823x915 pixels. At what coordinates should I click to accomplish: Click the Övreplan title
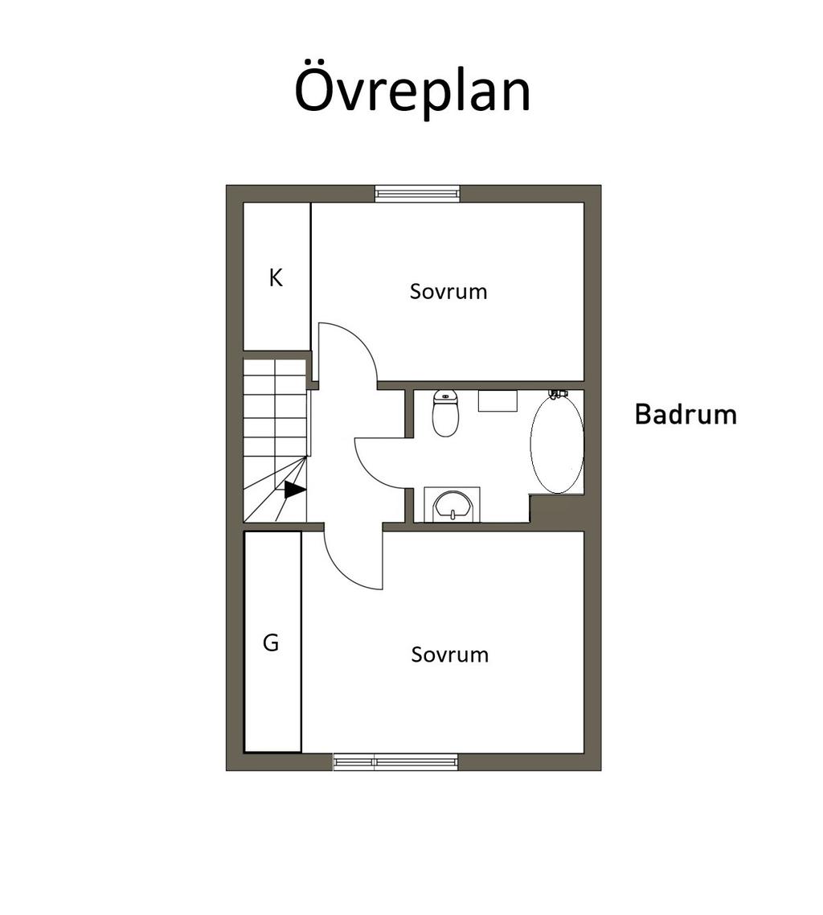tap(412, 90)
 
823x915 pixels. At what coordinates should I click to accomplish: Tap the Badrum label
tap(686, 414)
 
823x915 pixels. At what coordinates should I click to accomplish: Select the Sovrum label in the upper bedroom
tap(448, 291)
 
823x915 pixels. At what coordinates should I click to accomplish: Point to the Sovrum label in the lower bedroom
tap(450, 654)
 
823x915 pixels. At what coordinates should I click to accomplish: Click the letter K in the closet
tap(276, 277)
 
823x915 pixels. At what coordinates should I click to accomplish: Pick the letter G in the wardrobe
tap(271, 642)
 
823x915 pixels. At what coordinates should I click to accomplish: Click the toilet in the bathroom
tap(445, 413)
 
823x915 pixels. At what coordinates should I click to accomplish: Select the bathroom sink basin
tap(452, 506)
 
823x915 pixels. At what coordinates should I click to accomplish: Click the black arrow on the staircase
tap(294, 490)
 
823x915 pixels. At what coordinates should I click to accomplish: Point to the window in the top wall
tap(417, 193)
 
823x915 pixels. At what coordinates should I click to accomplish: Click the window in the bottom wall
tap(395, 761)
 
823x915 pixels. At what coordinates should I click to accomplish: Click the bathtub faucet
tap(559, 394)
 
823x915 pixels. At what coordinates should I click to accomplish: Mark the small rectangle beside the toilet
tap(498, 401)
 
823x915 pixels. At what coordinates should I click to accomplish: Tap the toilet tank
tap(445, 396)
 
